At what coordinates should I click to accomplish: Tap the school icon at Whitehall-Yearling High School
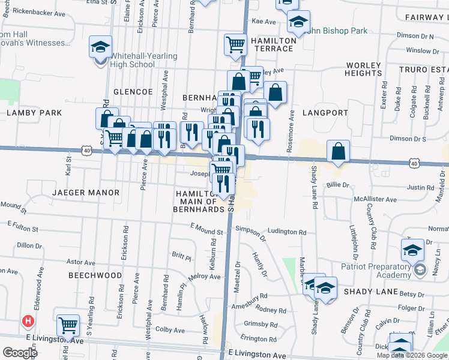[100, 47]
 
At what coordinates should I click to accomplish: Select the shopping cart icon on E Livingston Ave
[68, 326]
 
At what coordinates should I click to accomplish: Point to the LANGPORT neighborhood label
[325, 112]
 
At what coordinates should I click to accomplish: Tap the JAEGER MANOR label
[85, 193]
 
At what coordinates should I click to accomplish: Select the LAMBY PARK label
[34, 112]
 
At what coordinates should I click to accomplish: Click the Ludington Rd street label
[287, 232]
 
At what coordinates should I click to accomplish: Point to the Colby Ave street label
[170, 329]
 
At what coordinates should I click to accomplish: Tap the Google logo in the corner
[20, 353]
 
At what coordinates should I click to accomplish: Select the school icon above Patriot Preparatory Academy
[412, 249]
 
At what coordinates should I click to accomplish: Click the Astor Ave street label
[81, 262]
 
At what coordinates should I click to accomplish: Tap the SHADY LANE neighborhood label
[371, 292]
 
